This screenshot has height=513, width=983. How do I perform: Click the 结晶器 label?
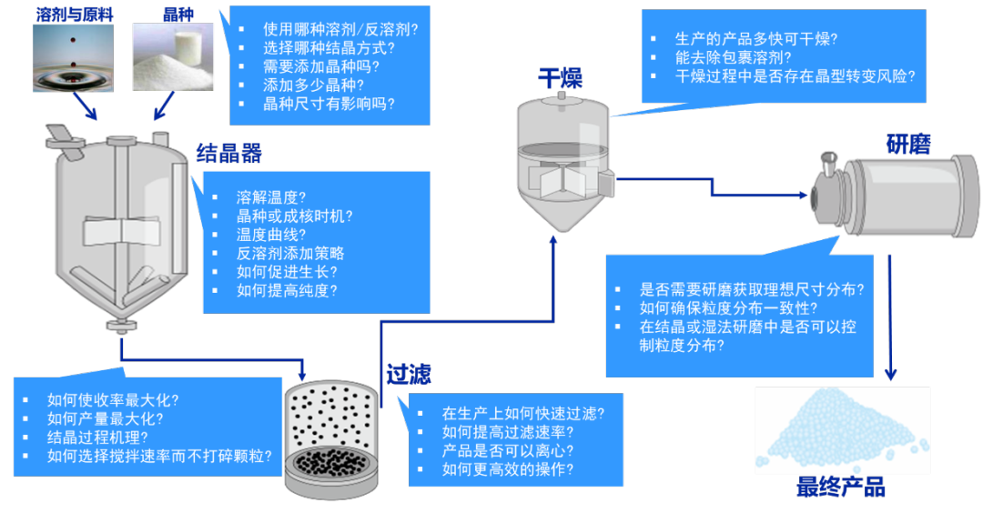coord(229,153)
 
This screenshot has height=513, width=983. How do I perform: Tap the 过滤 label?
coord(408,375)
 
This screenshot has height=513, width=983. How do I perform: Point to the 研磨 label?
coord(907,144)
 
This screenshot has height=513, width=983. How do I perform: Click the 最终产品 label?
coord(841,488)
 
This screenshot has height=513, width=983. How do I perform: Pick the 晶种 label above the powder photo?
coord(174,14)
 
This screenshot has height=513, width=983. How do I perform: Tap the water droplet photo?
coord(73,58)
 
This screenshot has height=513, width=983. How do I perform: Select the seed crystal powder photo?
coord(174,58)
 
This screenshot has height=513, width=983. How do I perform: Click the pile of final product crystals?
coord(842,427)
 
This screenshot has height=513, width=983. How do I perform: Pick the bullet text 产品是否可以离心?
coord(508,450)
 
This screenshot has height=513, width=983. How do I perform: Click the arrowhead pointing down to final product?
coord(891,373)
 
